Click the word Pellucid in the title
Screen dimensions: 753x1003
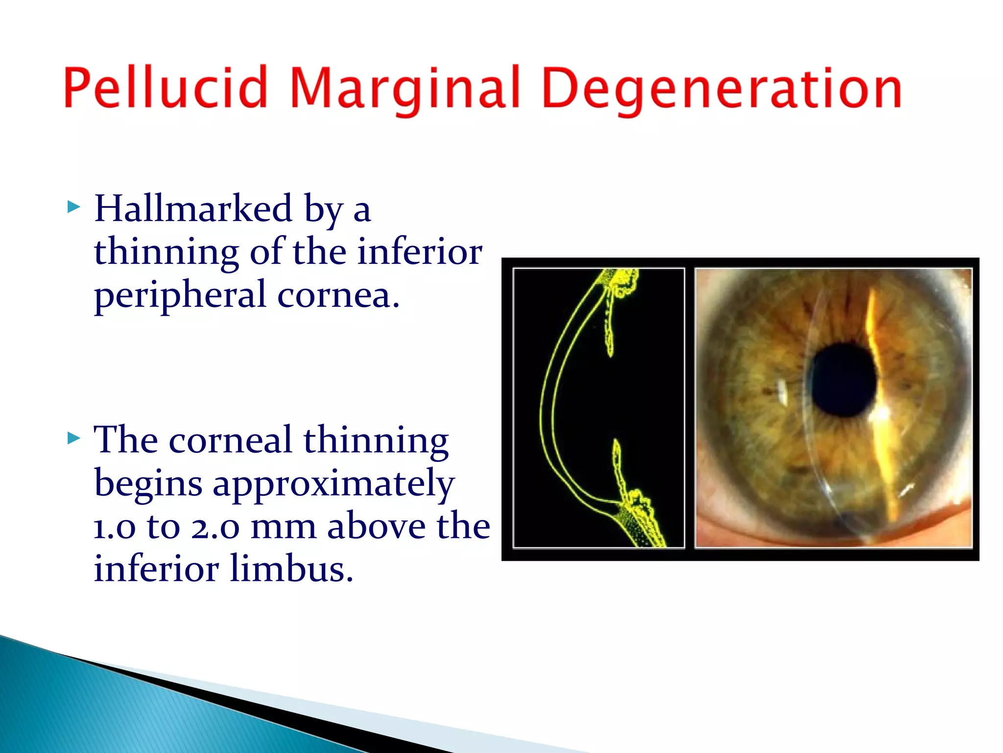point(166,88)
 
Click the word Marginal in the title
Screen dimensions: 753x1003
point(405,88)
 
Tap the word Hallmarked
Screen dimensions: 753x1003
point(193,208)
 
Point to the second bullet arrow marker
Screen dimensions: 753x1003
point(73,437)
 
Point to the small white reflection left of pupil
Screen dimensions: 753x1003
point(782,392)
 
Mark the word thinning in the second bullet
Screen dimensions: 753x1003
point(376,440)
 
